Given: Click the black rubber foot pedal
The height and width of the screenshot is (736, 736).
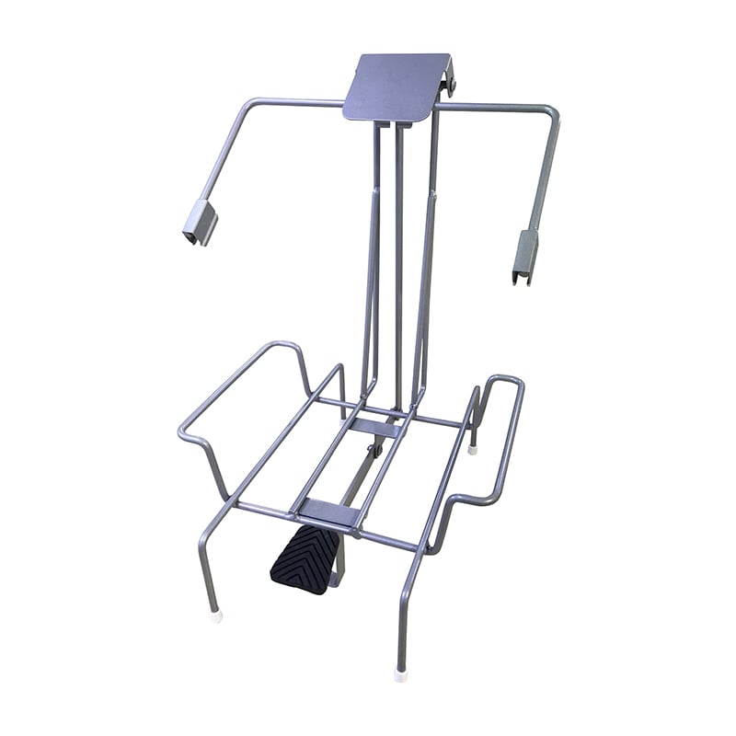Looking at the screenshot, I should tap(305, 559).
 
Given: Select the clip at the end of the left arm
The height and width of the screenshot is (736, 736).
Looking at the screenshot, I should tap(200, 224).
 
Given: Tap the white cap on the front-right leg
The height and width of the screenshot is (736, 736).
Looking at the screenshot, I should tap(400, 674).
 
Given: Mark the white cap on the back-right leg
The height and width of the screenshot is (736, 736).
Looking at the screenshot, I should tap(473, 449).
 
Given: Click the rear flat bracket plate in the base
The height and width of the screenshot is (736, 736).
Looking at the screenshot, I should tap(377, 427).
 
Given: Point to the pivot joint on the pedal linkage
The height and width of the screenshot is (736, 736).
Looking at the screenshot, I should tap(374, 451).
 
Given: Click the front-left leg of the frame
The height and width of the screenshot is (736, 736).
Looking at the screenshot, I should tap(204, 561).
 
